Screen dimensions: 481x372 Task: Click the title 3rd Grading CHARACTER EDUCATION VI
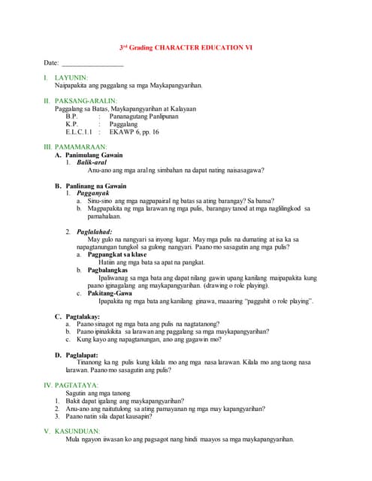[x=186, y=47]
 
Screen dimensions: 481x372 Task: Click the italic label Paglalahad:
[x=95, y=231]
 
